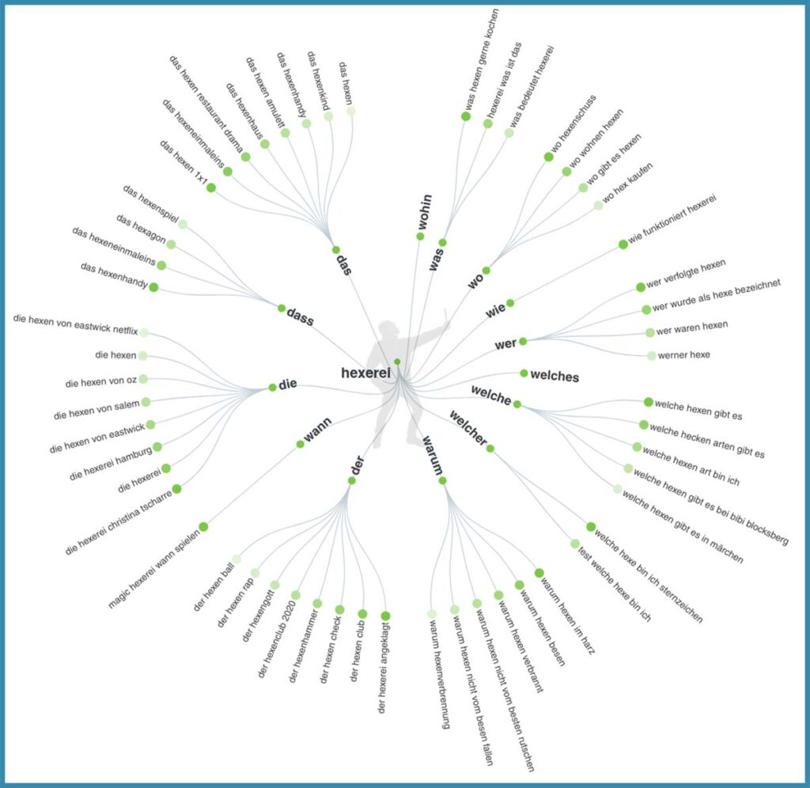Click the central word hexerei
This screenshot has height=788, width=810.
[x=366, y=373]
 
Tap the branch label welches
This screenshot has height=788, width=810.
[x=555, y=377]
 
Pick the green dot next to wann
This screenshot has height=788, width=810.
[x=301, y=444]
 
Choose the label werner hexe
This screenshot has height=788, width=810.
[x=685, y=355]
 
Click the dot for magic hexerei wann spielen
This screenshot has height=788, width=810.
[x=203, y=527]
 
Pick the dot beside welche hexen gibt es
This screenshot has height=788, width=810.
[x=649, y=402]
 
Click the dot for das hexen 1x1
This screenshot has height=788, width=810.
[x=211, y=188]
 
